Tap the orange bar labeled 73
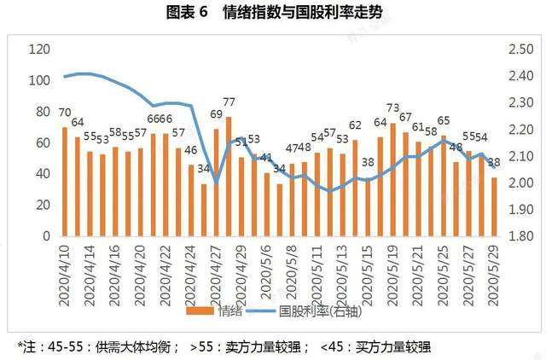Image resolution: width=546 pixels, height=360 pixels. point(393,179)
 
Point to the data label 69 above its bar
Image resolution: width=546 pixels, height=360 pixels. point(216,115)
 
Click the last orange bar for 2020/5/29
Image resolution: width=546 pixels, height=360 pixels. point(494,206)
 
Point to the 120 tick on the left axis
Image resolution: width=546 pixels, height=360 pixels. point(38,50)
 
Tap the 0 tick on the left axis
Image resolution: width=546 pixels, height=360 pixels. point(46,235)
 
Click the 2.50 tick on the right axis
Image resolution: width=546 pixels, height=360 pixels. point(520,50)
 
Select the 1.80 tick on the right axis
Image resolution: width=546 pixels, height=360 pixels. point(520,235)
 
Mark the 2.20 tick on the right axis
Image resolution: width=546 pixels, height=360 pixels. point(520,130)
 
